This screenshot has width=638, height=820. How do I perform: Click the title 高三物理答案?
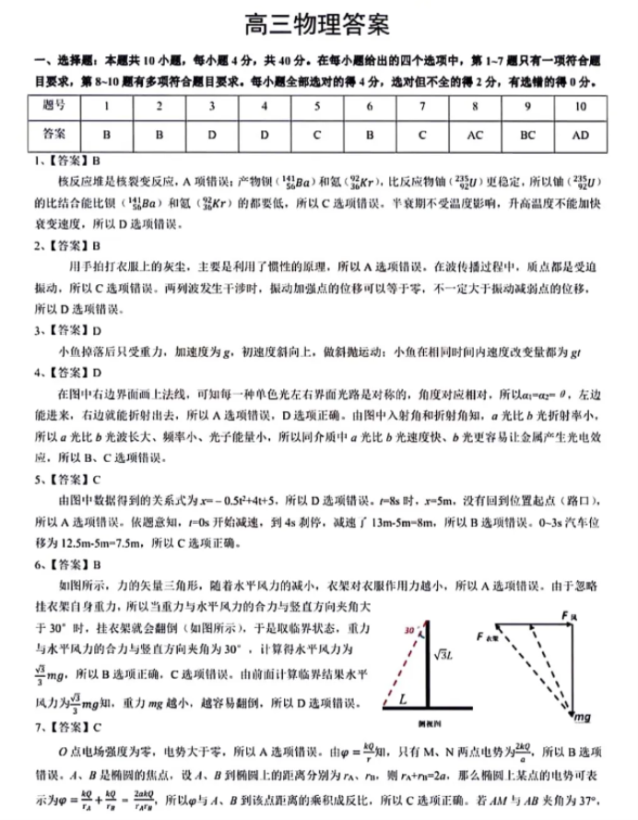click(x=317, y=20)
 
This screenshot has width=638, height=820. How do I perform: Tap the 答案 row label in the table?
click(x=54, y=134)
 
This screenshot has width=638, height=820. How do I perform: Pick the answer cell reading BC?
click(x=527, y=134)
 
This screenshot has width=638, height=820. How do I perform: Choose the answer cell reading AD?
click(x=580, y=134)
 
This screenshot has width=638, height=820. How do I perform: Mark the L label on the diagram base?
click(x=404, y=700)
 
